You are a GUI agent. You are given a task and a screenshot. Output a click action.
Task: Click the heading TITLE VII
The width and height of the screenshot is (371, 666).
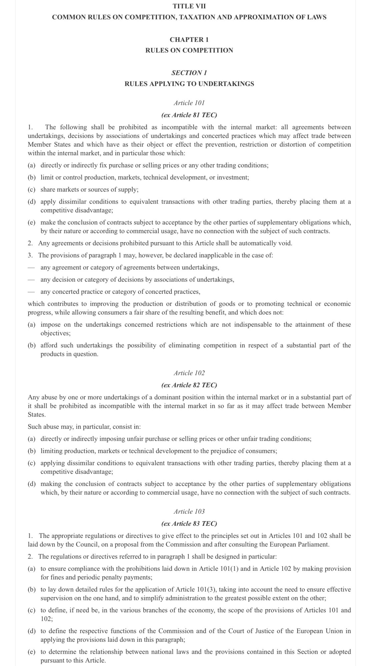pos(189,6)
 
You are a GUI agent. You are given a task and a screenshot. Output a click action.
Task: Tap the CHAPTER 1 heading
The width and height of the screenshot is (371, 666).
pos(189,40)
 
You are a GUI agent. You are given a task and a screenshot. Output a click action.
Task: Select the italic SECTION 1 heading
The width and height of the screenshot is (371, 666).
pos(189,73)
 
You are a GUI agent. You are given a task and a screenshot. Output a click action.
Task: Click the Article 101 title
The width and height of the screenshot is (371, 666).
pos(189,103)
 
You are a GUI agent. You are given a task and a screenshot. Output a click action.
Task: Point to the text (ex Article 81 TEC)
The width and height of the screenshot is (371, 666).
pos(189,115)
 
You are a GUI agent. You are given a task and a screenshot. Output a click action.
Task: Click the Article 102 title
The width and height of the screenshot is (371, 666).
pos(189,373)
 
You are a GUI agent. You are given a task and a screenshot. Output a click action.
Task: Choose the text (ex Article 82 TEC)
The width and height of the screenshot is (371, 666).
pos(189,385)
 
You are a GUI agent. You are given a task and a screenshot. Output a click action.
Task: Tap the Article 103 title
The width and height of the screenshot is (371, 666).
pos(189,511)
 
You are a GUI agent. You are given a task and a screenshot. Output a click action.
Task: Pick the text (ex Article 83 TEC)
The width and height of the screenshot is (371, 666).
pos(189,523)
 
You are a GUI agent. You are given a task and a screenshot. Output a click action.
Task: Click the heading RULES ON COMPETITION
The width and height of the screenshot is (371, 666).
pos(189,50)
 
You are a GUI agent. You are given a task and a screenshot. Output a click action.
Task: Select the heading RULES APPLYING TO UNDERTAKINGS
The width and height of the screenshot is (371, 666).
pos(189,84)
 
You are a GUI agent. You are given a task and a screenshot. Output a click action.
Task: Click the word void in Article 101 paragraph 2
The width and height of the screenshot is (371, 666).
pos(285,243)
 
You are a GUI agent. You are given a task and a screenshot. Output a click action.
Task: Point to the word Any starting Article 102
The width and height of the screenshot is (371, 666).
pos(33,397)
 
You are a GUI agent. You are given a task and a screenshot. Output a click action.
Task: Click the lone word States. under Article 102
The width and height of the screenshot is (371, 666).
pos(37,415)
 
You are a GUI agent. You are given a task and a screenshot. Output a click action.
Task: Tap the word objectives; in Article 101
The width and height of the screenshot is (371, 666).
pos(55,333)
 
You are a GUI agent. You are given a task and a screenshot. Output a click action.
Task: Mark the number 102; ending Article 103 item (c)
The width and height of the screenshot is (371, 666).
pos(47,619)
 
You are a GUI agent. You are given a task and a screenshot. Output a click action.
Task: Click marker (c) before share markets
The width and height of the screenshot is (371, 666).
pos(32,189)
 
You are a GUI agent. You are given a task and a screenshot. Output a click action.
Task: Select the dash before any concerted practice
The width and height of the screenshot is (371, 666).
pos(31,292)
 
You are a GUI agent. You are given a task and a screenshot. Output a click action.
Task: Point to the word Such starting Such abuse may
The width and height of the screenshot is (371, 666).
pos(34,427)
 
